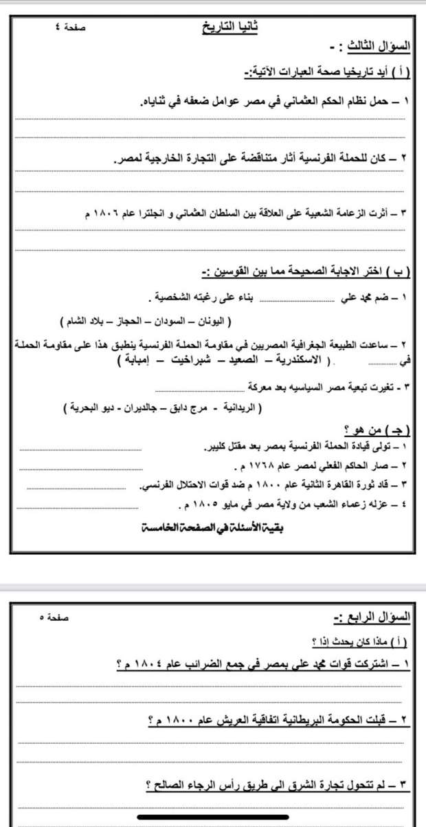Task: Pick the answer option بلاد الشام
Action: pos(82,321)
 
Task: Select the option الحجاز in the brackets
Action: pos(128,321)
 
